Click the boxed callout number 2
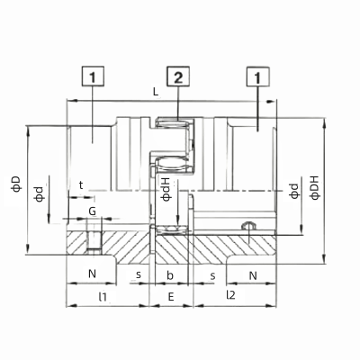click(x=179, y=77)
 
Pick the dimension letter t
click(x=81, y=184)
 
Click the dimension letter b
click(x=170, y=273)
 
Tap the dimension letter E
click(x=170, y=294)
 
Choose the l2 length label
click(x=230, y=294)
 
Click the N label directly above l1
click(x=91, y=273)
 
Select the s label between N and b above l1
click(x=138, y=273)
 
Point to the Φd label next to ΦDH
click(x=293, y=192)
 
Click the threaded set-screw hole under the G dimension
click(x=94, y=243)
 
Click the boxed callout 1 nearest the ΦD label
click(x=93, y=77)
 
